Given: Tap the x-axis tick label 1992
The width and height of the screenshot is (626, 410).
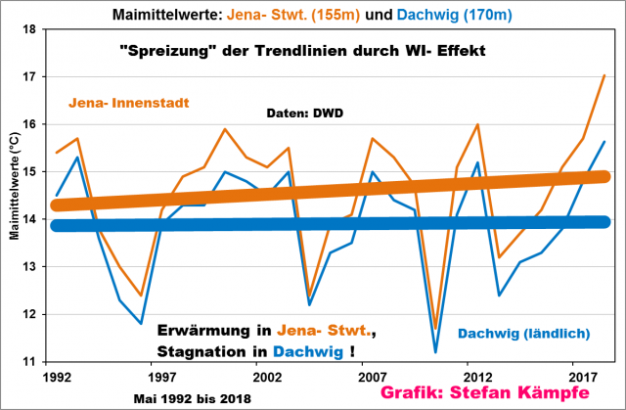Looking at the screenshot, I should (x=56, y=376).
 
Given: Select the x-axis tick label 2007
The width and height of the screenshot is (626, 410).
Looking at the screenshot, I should (x=370, y=376).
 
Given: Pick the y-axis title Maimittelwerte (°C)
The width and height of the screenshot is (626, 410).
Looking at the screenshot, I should (x=11, y=196).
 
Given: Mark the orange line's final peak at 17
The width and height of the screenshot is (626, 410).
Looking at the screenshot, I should (x=604, y=75).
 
